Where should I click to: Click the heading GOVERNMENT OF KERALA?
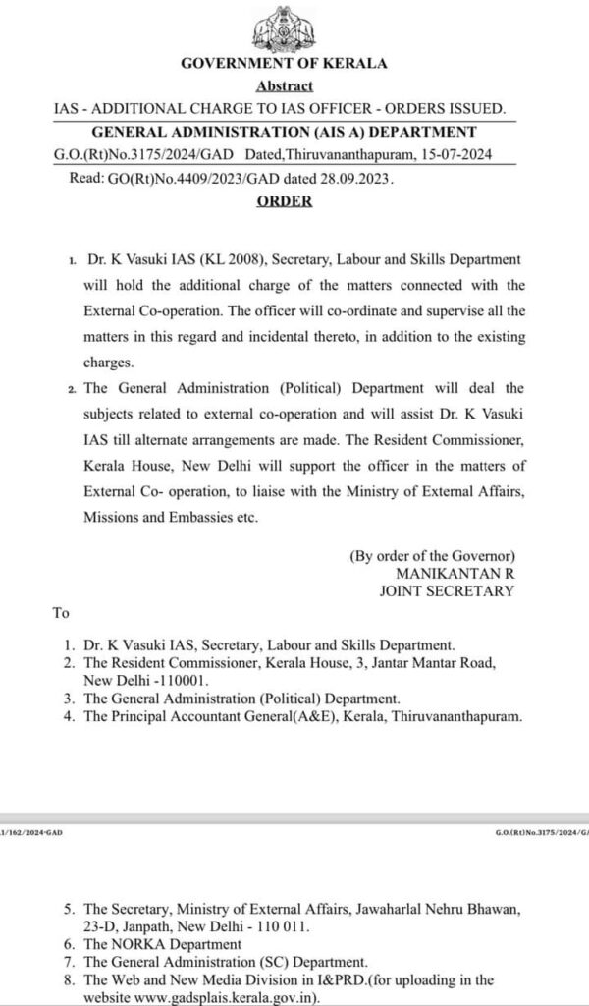285,63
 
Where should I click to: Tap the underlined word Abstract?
285,86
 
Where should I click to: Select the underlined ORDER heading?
285,201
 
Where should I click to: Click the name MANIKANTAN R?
455,572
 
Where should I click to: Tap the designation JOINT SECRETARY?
447,590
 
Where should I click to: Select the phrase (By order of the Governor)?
433,554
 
